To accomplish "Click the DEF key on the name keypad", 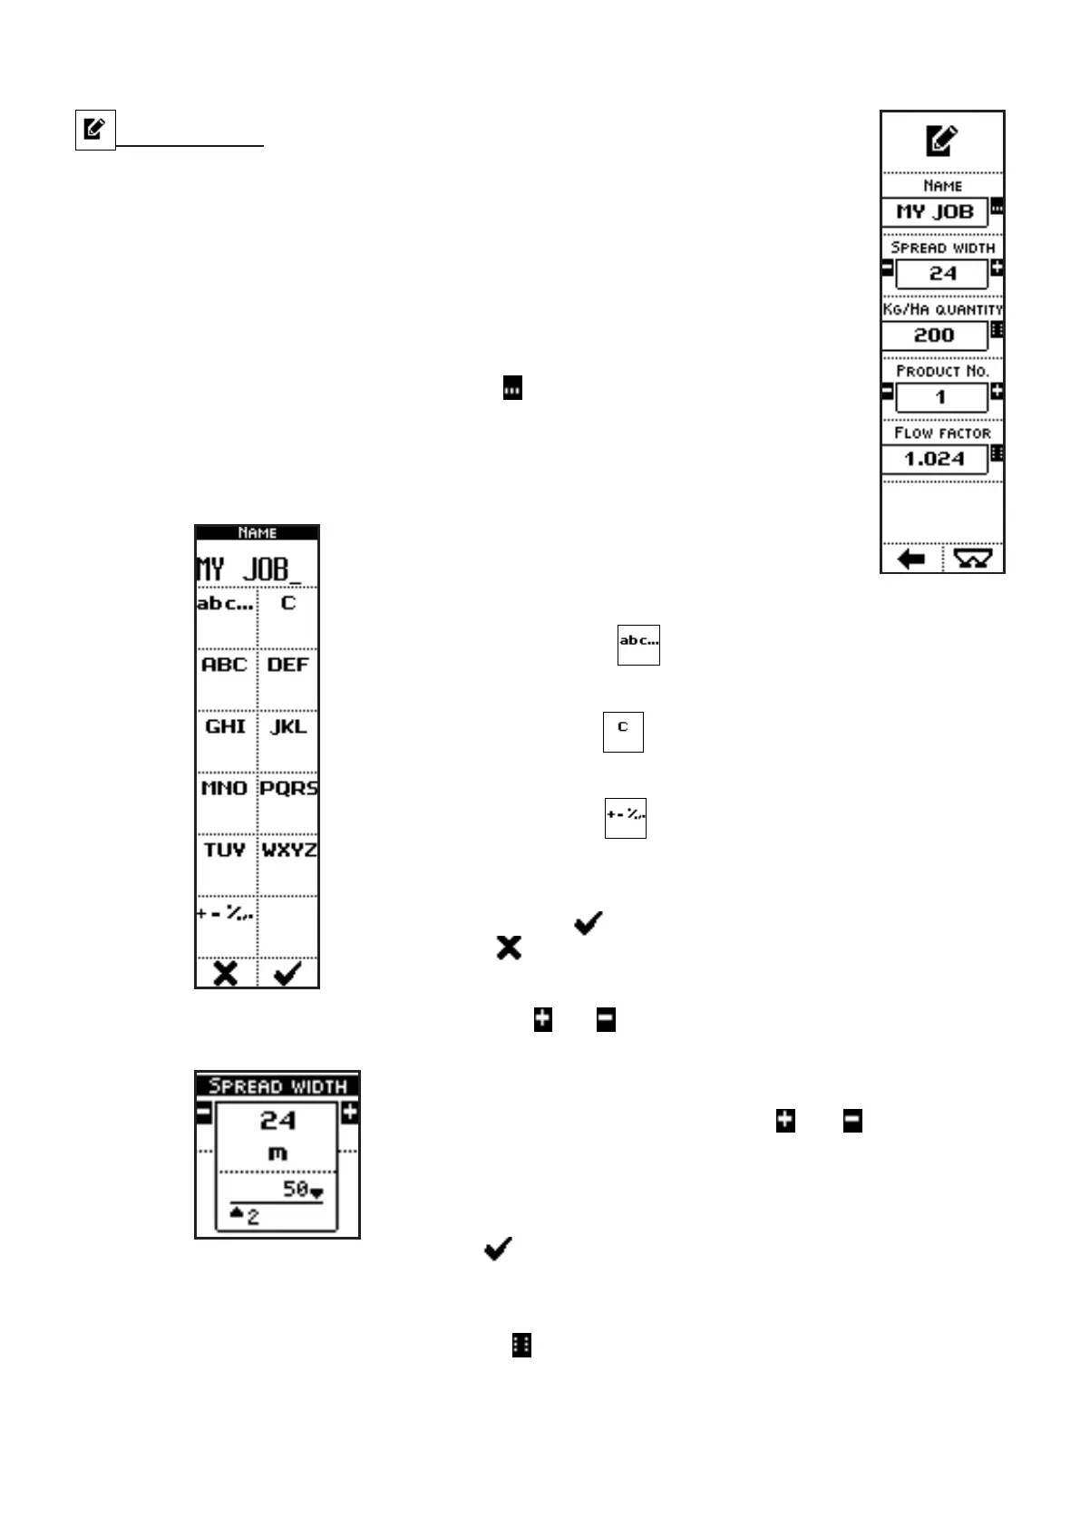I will tap(288, 666).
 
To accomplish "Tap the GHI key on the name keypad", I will tap(225, 728).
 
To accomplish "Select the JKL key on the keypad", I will tap(288, 728).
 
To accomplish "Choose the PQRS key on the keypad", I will tap(288, 790).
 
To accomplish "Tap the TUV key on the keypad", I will tap(225, 851).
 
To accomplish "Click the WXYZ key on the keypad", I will tap(288, 851).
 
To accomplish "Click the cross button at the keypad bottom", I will tap(226, 974).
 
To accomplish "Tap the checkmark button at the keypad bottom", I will tap(288, 974).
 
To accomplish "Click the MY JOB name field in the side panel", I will tap(935, 212).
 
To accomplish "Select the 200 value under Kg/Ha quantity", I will tap(935, 336).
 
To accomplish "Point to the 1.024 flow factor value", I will tap(935, 459).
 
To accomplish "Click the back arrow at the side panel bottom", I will tap(911, 559).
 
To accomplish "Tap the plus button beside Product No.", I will tap(997, 392).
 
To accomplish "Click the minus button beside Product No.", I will tap(888, 392).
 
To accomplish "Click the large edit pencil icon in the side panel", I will tap(942, 141).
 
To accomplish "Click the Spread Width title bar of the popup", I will tap(277, 1085).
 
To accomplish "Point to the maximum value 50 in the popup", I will tap(296, 1189).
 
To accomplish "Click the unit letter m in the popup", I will tap(277, 1153).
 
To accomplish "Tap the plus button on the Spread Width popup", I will tap(350, 1113).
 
